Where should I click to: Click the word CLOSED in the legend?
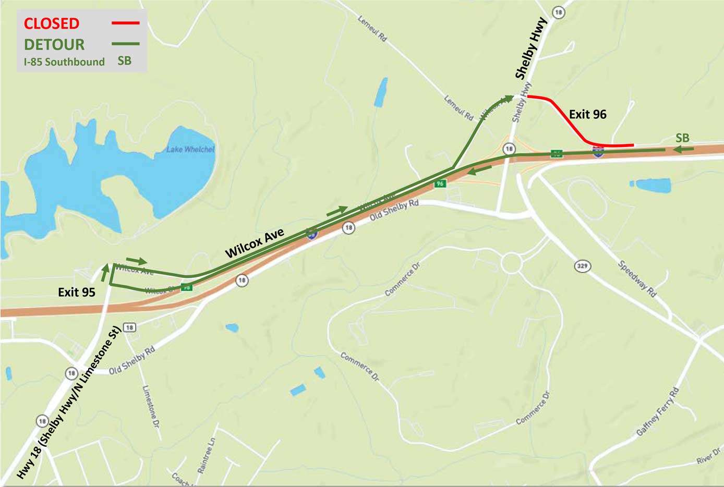click(52, 23)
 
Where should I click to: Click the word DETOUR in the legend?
click(54, 44)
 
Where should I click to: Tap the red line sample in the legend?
click(126, 23)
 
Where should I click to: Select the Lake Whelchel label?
click(190, 150)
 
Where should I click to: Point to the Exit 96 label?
click(588, 115)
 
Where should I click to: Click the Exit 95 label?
click(77, 293)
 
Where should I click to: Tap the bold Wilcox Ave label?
click(255, 243)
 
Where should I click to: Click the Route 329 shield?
click(582, 266)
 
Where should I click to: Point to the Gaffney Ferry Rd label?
click(658, 412)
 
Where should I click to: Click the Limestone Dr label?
click(150, 407)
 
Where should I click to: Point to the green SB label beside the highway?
click(682, 138)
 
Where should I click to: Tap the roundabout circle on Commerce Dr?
click(511, 263)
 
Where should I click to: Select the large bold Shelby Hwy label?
click(531, 48)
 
